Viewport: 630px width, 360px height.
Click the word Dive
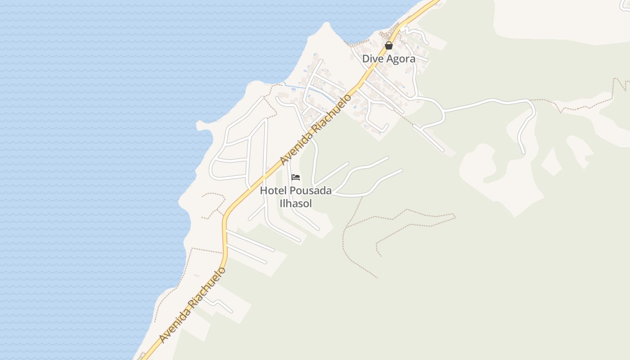372,59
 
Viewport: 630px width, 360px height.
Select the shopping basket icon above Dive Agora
389,45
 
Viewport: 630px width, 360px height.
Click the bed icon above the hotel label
296,177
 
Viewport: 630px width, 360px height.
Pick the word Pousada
307,190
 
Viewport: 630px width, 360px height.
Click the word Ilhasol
296,203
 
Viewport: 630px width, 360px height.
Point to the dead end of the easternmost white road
523,153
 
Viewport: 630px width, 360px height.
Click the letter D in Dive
365,59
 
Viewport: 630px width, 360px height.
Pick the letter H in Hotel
263,190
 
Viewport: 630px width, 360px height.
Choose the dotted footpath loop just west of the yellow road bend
212,205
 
